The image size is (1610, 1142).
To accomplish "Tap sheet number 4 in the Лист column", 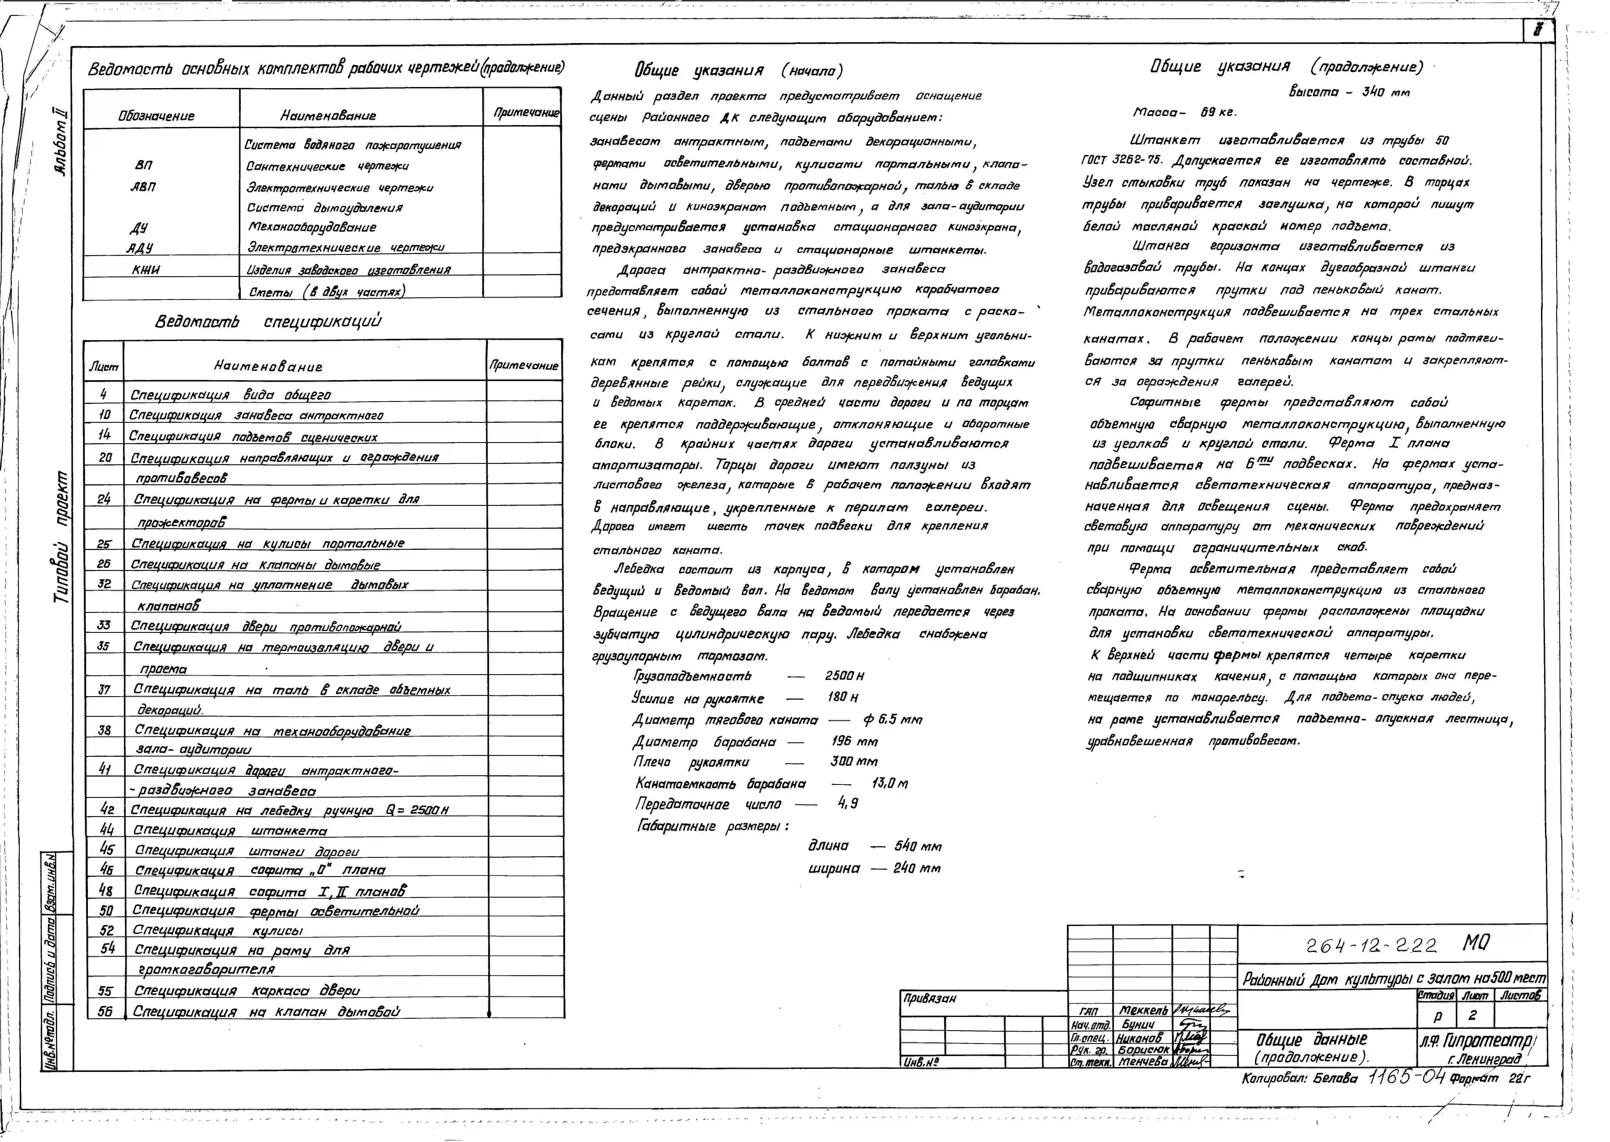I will [x=103, y=394].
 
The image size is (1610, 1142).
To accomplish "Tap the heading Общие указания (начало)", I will [x=738, y=70].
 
